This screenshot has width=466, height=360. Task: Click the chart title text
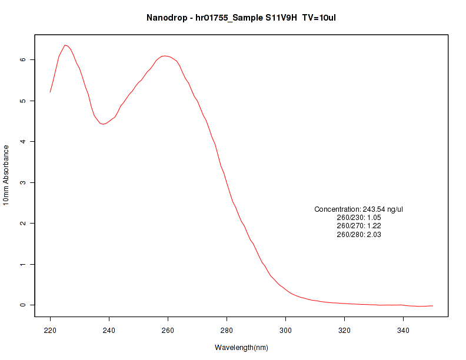[241, 18]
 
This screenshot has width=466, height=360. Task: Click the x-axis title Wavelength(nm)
[241, 348]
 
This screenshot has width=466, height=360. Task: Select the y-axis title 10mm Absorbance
[6, 176]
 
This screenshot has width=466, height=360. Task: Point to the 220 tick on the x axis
[50, 331]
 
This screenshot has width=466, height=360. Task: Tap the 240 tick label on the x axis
[109, 331]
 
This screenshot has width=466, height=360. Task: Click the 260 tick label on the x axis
[168, 331]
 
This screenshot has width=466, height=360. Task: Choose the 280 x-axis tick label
[227, 331]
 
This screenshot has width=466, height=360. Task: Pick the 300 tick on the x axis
[285, 331]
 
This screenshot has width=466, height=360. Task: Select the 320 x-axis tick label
[344, 331]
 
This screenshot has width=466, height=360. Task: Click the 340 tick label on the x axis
[403, 331]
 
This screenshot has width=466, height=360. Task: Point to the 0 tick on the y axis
[22, 305]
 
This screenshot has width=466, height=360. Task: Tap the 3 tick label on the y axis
[22, 182]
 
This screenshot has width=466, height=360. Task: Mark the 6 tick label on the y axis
[22, 60]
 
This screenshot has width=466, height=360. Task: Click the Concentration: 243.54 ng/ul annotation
[358, 209]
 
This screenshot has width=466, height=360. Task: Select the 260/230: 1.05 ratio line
[359, 218]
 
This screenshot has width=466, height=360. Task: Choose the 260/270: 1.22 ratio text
[359, 226]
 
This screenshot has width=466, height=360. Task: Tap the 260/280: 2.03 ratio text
[359, 235]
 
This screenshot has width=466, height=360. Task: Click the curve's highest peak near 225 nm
[65, 45]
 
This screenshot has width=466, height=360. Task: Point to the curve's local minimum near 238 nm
[102, 124]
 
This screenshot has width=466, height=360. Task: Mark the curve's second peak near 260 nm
[165, 56]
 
